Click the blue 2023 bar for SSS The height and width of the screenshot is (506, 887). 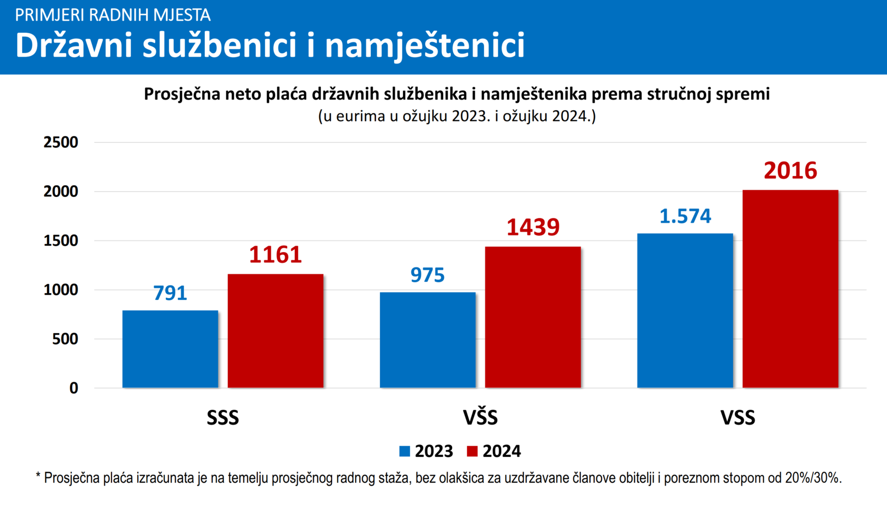pos(170,349)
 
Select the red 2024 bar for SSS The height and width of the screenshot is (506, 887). pos(276,331)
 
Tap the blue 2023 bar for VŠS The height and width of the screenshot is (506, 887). pos(427,340)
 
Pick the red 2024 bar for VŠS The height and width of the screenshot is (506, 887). pos(533,317)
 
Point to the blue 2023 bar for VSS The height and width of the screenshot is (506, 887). pos(685,311)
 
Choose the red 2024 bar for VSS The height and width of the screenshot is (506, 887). pos(790,289)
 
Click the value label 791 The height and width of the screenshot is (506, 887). pos(170,293)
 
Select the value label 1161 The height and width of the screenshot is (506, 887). pos(276,255)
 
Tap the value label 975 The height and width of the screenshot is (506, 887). pos(427,275)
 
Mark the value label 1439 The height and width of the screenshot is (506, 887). pos(533,227)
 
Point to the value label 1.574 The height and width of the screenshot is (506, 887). pos(685,216)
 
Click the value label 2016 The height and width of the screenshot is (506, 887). pos(790,171)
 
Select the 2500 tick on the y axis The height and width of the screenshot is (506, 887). pos(61,142)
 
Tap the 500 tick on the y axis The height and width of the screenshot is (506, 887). pos(65,339)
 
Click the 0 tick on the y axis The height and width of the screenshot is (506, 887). pos(74,388)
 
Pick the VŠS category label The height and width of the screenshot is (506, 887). pos(480,417)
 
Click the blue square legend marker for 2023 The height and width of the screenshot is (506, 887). pos(404,451)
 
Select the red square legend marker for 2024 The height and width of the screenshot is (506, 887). pos(472,451)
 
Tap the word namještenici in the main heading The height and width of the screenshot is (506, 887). pos(425,46)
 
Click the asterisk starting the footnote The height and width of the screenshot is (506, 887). pos(38,476)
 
